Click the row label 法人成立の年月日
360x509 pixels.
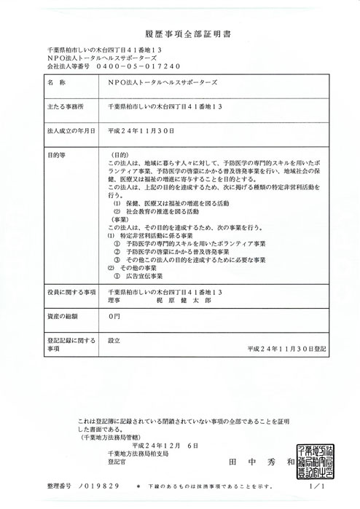[x=70, y=131]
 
